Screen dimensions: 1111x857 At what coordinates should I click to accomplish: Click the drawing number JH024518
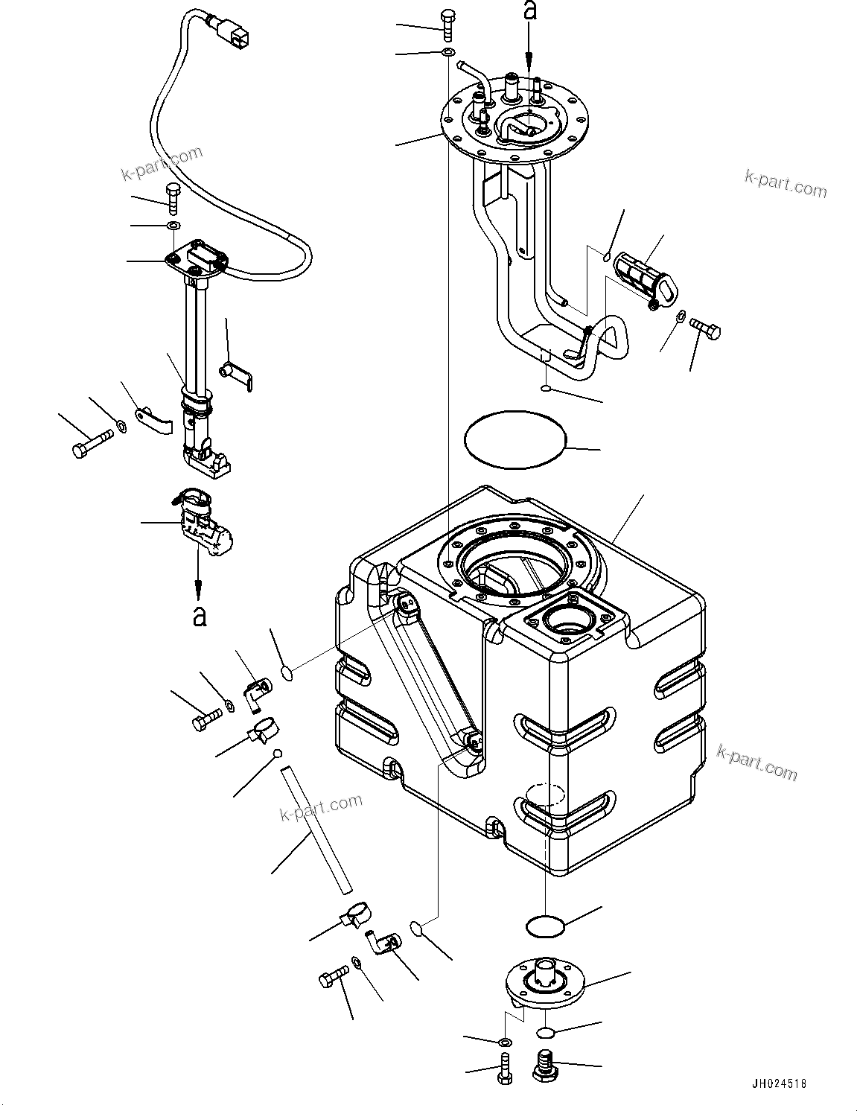(x=774, y=1084)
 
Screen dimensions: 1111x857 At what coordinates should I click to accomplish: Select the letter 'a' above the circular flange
(x=529, y=10)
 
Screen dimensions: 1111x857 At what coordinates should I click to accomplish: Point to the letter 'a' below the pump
(x=199, y=617)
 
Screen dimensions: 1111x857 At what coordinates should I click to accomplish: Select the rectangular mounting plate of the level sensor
(x=195, y=258)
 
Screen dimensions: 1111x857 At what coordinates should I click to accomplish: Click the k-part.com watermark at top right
(x=785, y=183)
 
